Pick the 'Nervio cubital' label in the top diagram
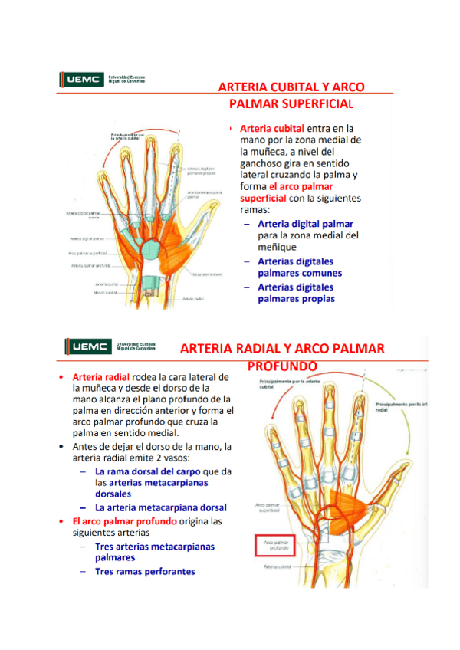click(105, 292)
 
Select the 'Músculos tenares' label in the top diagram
click(207, 273)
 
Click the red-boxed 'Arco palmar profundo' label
click(275, 546)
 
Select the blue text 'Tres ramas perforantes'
click(145, 571)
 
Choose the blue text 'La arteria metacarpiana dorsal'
click(160, 507)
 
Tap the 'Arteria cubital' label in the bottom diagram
click(277, 567)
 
